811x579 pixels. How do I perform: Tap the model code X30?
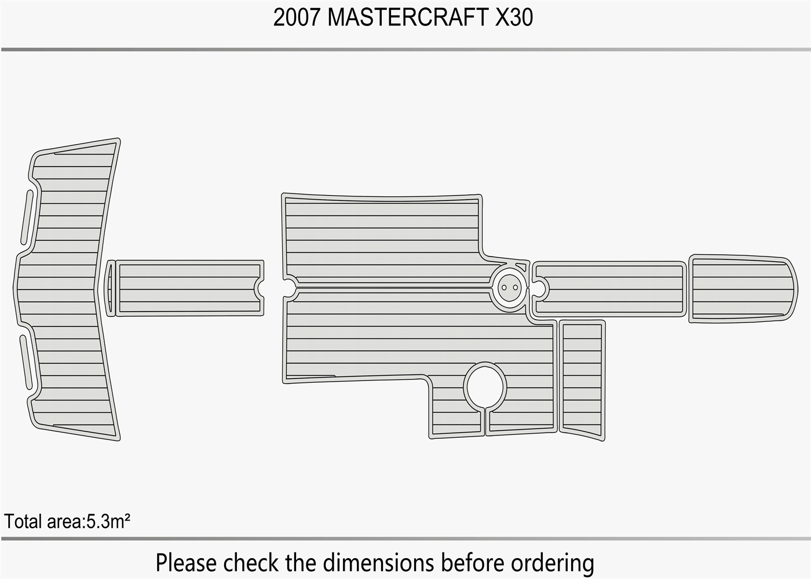514,18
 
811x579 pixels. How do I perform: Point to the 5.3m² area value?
108,522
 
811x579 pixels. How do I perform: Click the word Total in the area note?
23,522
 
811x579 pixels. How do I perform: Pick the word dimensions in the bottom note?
379,563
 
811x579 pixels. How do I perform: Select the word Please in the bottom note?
187,563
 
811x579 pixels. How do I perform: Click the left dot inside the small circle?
505,287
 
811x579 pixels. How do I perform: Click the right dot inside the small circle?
515,287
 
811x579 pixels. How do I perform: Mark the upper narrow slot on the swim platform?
27,217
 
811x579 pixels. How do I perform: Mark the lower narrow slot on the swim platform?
25,362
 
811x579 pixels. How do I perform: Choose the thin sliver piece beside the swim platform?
109,288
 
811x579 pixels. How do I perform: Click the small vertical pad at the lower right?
582,379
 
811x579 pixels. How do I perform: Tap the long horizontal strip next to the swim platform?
189,288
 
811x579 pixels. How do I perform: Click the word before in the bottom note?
473,563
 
